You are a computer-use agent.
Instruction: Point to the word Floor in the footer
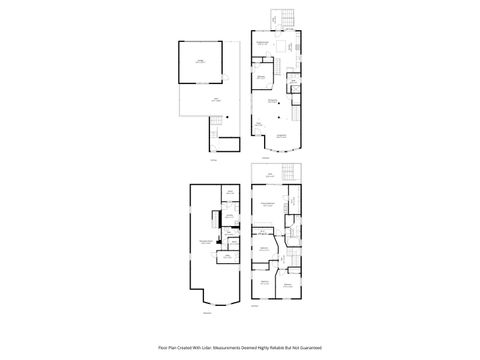(163, 347)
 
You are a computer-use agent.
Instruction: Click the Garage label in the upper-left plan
(200, 62)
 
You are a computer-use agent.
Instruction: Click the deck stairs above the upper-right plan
(280, 18)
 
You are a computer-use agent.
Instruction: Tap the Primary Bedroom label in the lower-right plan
(267, 205)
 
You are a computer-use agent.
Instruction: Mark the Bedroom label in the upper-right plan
(261, 77)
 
